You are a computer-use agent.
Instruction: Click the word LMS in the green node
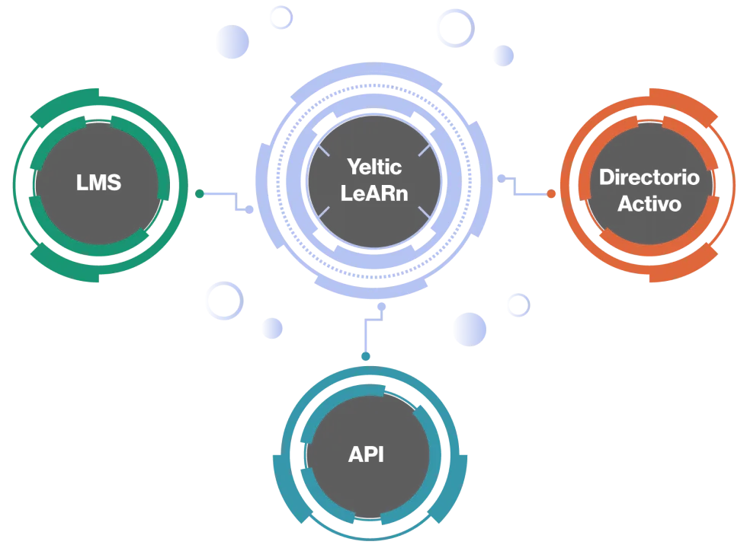coord(98,183)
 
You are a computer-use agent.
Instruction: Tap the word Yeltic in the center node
coord(373,166)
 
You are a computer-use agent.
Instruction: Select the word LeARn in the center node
coord(373,193)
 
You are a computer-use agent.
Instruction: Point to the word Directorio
coord(649,177)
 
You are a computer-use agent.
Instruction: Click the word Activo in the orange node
coord(649,204)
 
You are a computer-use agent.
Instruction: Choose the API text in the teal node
coord(366,454)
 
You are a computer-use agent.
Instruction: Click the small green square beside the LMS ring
coord(200,195)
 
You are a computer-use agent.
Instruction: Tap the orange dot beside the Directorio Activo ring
coord(550,194)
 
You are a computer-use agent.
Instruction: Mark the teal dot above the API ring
coord(366,356)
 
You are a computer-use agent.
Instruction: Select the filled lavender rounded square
coord(470,329)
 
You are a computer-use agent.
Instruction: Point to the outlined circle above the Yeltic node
coord(454,27)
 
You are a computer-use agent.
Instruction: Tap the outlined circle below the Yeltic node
coord(223,300)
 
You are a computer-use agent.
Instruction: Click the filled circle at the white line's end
coord(272,328)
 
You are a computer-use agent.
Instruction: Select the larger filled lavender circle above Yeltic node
coord(232,42)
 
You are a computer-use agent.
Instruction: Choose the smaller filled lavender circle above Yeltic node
coord(503,55)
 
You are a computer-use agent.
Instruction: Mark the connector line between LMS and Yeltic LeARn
coord(226,196)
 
